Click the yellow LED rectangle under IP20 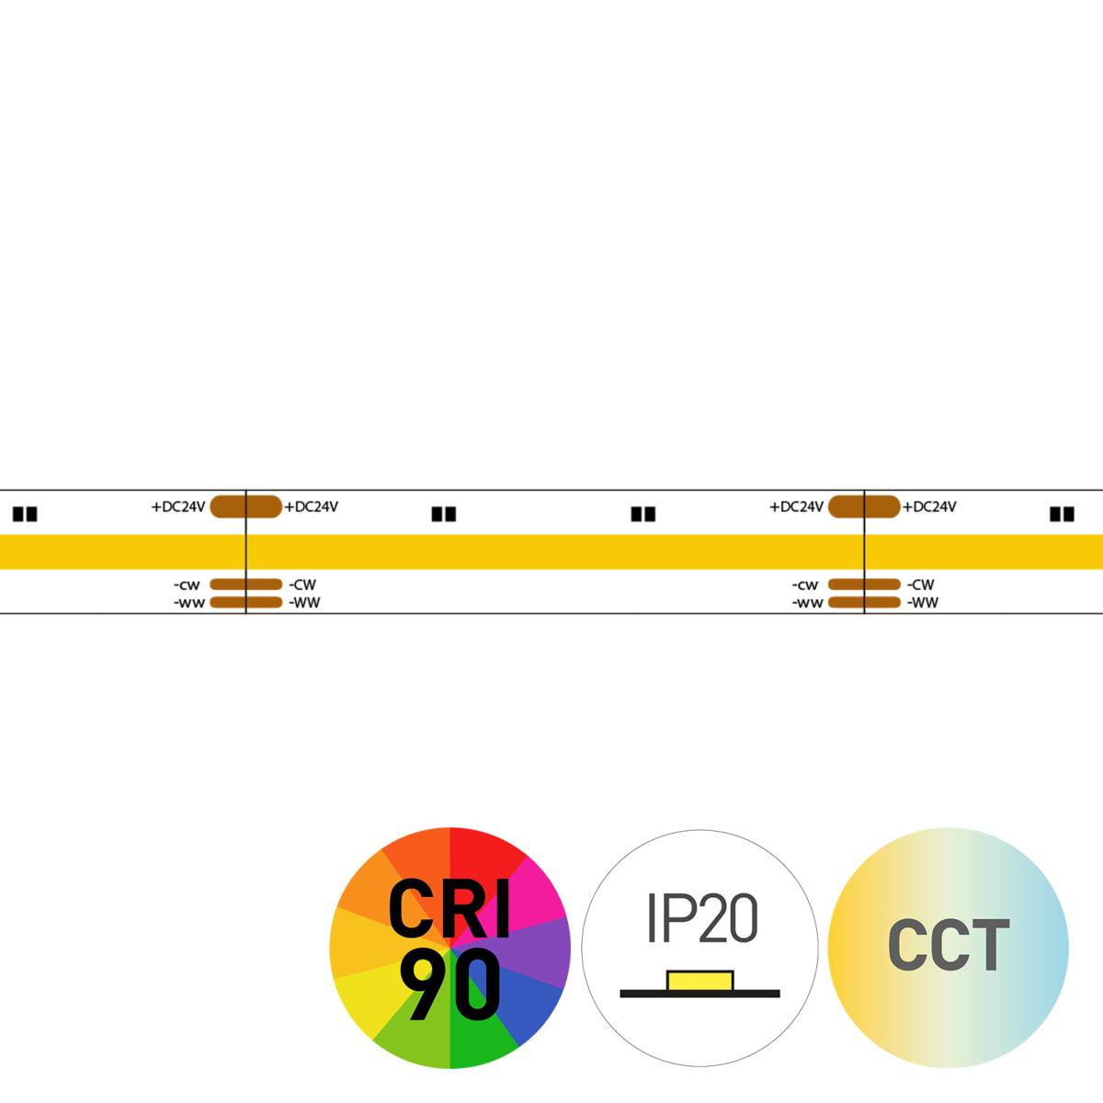tap(699, 981)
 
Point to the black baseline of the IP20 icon tap(699, 994)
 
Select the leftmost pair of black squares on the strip tap(25, 514)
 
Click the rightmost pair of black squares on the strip tap(1062, 514)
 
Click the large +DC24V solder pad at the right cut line tap(864, 506)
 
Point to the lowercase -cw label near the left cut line tap(188, 585)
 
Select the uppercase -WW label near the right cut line tap(923, 603)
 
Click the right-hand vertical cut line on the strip tap(864, 551)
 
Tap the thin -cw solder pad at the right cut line tap(864, 585)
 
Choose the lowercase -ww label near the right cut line tap(807, 603)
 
